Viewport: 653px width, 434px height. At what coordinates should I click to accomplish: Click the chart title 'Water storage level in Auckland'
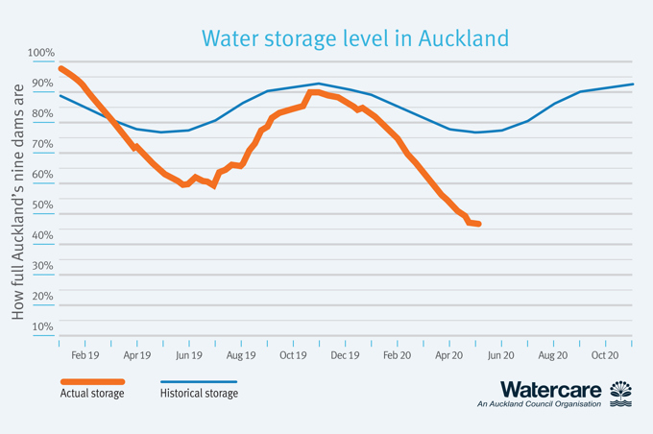(354, 37)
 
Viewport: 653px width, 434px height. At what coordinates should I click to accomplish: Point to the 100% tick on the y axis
(42, 53)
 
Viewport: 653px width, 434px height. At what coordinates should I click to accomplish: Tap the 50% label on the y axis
(42, 205)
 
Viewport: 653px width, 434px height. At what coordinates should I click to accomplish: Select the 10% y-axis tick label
(42, 326)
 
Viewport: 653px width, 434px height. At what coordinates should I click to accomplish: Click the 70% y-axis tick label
(42, 144)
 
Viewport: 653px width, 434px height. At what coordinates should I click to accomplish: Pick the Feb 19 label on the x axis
(85, 355)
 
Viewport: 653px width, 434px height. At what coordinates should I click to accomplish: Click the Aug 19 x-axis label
(241, 355)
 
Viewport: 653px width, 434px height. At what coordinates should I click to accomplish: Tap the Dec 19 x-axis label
(345, 355)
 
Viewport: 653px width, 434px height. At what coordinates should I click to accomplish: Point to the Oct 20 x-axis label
(605, 355)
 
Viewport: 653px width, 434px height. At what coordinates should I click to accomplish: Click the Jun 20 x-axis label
(500, 355)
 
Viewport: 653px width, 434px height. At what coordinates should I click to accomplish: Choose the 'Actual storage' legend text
(92, 393)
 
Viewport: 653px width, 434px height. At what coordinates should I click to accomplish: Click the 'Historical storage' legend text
(199, 393)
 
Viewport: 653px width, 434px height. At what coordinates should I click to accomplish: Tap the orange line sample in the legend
(92, 381)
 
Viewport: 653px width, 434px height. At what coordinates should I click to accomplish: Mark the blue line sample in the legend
(198, 381)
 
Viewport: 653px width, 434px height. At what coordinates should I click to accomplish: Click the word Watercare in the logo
(550, 390)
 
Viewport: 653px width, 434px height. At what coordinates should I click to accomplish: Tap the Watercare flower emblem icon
(621, 393)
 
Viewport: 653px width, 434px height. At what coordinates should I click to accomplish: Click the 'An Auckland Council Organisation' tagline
(539, 405)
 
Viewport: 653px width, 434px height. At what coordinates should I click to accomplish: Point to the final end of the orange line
(478, 224)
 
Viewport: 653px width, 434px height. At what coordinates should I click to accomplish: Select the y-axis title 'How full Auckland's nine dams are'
(18, 200)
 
